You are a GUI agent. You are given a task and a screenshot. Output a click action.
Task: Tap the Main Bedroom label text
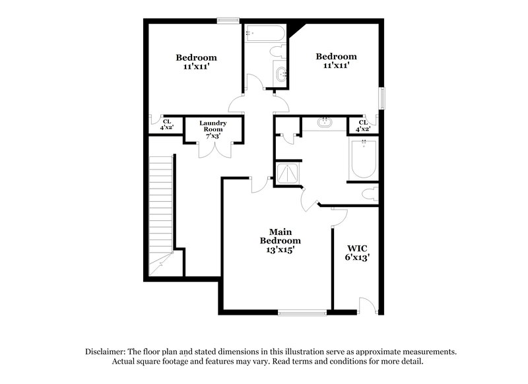(x=284, y=241)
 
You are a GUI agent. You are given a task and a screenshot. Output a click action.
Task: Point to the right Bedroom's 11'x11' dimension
(x=336, y=66)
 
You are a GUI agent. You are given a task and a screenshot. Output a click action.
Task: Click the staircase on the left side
(x=161, y=211)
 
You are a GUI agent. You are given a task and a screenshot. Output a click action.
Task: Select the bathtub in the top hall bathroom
(x=264, y=34)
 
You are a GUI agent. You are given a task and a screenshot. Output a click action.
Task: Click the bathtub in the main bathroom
(x=363, y=159)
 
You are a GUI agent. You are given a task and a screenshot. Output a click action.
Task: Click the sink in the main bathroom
(x=325, y=123)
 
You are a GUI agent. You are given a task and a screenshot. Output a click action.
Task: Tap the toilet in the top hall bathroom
(x=277, y=50)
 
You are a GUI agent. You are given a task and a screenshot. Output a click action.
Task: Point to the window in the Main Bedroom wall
(x=302, y=311)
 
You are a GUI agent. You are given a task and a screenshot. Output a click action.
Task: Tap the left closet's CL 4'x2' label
(x=167, y=125)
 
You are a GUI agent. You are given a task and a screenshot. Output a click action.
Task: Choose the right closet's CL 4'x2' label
(x=363, y=125)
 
